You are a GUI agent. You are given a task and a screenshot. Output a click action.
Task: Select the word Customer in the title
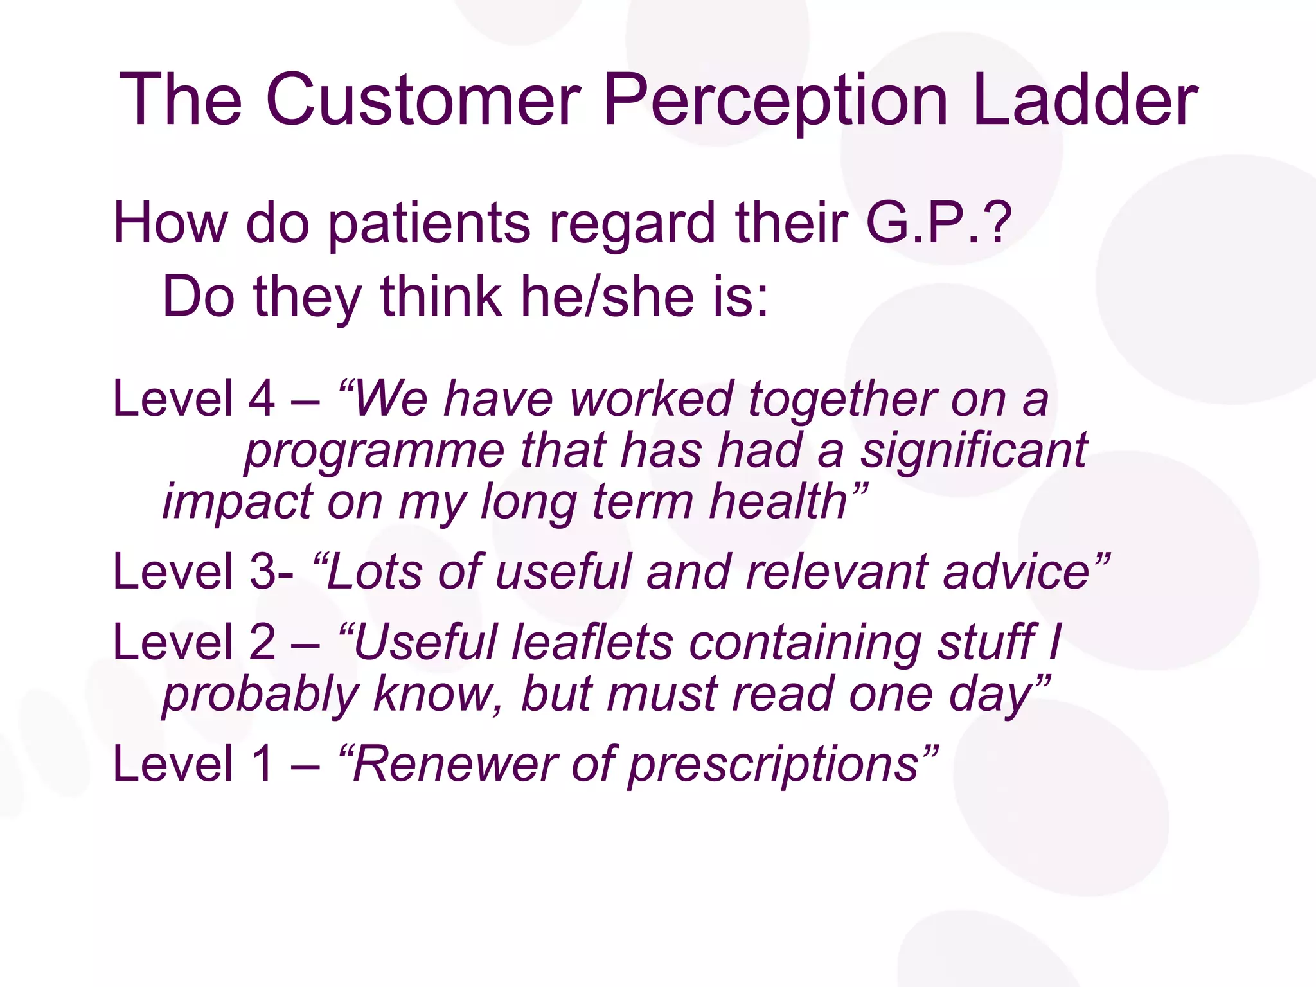pyautogui.click(x=423, y=100)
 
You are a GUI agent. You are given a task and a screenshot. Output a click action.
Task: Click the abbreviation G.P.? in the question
pyautogui.click(x=939, y=223)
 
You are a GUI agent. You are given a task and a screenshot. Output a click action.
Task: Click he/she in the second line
pyautogui.click(x=607, y=297)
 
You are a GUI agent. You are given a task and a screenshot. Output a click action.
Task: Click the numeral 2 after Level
pyautogui.click(x=262, y=642)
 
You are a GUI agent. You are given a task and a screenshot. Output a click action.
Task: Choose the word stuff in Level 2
pyautogui.click(x=987, y=642)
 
